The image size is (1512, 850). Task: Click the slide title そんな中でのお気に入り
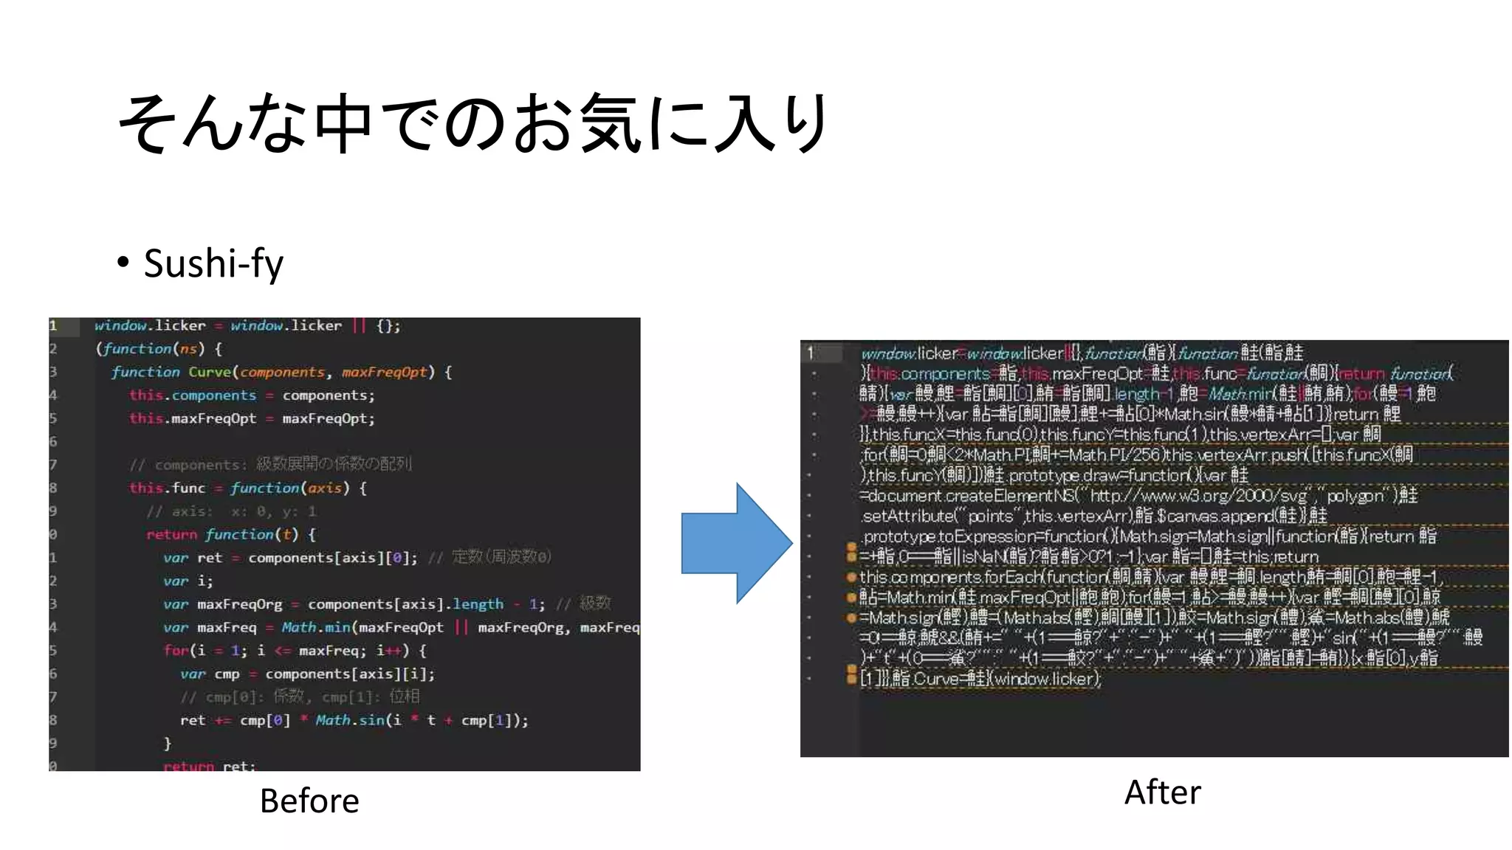click(x=472, y=124)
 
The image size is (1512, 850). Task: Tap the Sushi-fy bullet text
click(x=213, y=263)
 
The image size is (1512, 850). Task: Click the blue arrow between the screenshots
click(x=735, y=543)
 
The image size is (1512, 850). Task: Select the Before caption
click(x=309, y=801)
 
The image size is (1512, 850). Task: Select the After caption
click(x=1162, y=792)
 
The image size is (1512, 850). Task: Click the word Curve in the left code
click(x=209, y=372)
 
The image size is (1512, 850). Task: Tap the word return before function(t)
click(x=171, y=534)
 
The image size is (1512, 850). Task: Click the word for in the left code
click(x=176, y=650)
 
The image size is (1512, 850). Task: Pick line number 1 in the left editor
click(x=53, y=325)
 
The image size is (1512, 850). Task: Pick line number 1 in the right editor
click(x=811, y=353)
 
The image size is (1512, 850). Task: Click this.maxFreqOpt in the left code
click(x=193, y=418)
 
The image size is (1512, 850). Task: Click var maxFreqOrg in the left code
click(x=223, y=604)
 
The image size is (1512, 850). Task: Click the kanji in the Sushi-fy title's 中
click(x=343, y=124)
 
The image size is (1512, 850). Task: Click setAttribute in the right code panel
click(x=908, y=516)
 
